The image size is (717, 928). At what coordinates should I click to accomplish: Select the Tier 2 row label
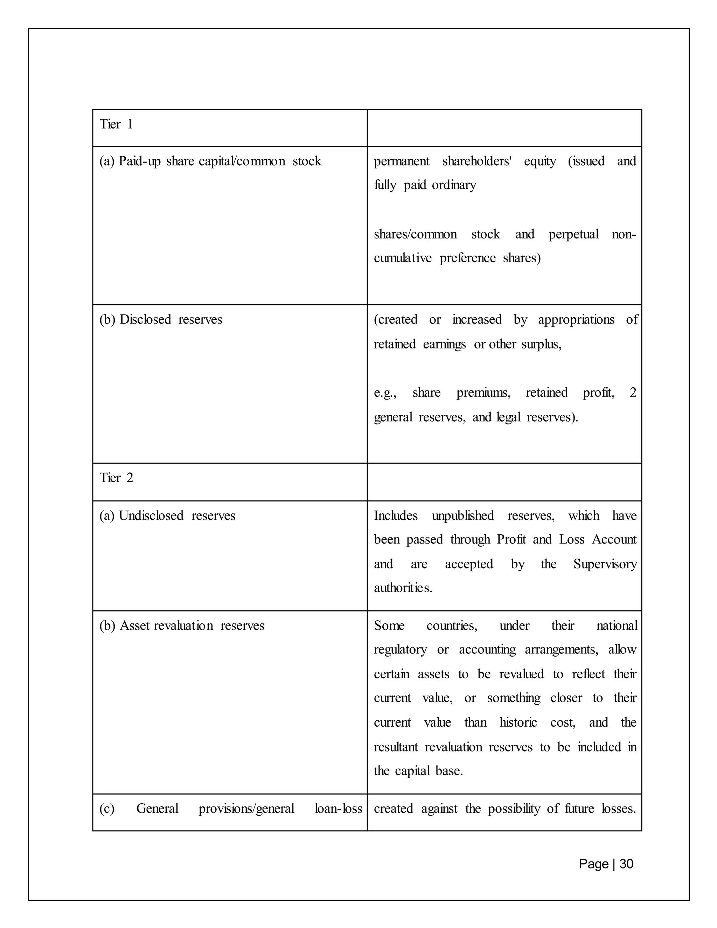116,478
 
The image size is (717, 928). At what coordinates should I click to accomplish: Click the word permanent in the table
402,161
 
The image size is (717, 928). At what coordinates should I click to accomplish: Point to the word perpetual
573,235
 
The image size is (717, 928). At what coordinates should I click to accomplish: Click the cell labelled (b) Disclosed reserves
161,319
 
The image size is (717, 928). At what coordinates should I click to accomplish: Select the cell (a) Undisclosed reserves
167,515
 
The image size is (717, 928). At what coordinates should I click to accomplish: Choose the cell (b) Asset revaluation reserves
181,625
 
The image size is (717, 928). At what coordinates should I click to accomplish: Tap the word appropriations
576,319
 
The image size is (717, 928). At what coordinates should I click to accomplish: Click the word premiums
483,393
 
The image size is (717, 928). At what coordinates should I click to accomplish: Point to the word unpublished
462,515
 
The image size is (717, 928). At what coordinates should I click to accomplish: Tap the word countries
452,625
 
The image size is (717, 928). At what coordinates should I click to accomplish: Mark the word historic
518,722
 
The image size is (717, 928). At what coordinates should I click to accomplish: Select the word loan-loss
338,808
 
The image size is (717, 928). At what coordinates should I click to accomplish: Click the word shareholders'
476,161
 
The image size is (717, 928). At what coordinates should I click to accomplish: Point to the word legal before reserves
508,417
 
